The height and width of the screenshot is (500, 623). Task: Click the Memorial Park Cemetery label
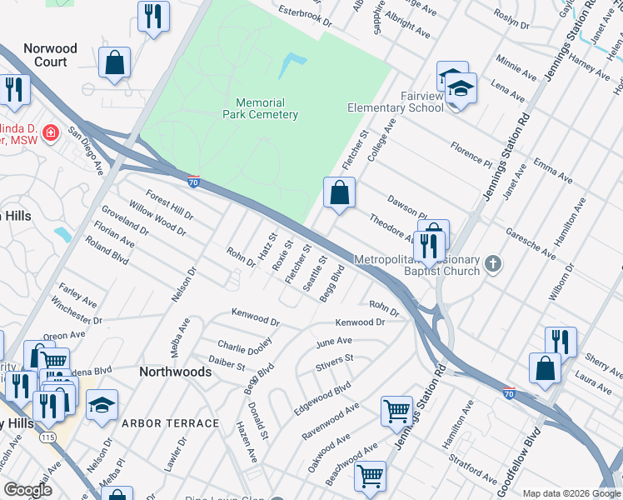pyautogui.click(x=261, y=107)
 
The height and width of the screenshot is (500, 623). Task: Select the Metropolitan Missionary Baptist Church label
pyautogui.click(x=416, y=265)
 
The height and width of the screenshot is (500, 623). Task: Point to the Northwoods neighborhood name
pyautogui.click(x=175, y=372)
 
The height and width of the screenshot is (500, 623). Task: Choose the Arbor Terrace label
pyautogui.click(x=171, y=423)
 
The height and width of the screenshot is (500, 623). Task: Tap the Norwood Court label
pyautogui.click(x=50, y=55)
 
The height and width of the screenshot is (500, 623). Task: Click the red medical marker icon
pyautogui.click(x=49, y=133)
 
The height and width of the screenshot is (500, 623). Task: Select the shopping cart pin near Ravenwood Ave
pyautogui.click(x=396, y=410)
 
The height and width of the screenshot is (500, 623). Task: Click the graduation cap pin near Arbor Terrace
pyautogui.click(x=102, y=406)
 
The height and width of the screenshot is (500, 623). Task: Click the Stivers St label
pyautogui.click(x=335, y=362)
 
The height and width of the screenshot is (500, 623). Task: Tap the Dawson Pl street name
pyautogui.click(x=406, y=206)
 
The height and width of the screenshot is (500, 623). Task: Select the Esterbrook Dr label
pyautogui.click(x=305, y=14)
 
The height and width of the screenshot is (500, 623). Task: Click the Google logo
pyautogui.click(x=27, y=490)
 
